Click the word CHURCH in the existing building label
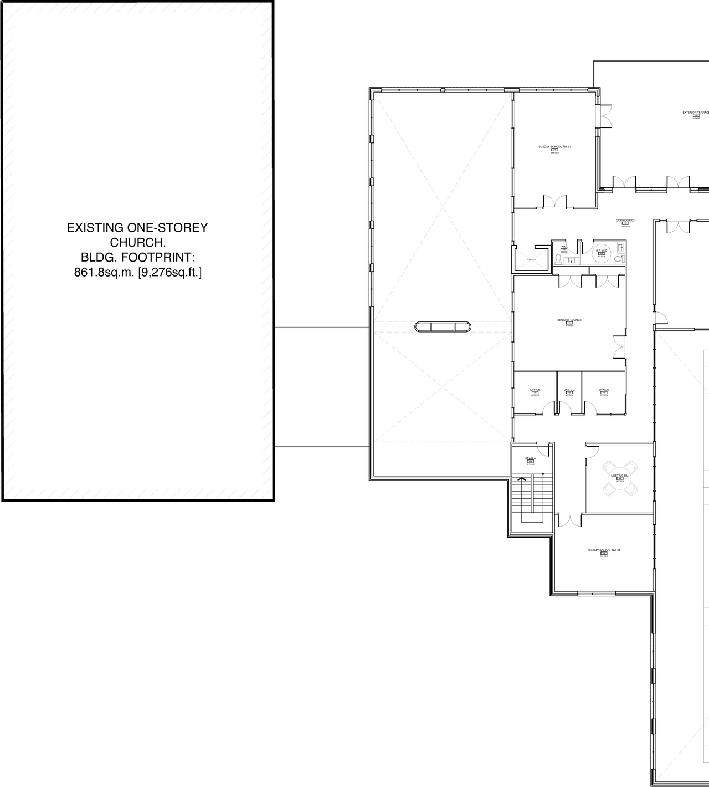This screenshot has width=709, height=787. pyautogui.click(x=138, y=242)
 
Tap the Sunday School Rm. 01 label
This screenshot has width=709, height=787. pyautogui.click(x=554, y=147)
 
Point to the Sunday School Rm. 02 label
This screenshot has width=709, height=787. pyautogui.click(x=604, y=550)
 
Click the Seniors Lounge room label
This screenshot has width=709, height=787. pyautogui.click(x=569, y=320)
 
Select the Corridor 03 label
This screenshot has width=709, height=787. pyautogui.click(x=625, y=221)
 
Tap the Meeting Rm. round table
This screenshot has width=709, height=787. pyautogui.click(x=620, y=477)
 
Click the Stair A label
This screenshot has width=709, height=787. pyautogui.click(x=530, y=459)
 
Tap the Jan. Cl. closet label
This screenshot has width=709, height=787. pyautogui.click(x=569, y=390)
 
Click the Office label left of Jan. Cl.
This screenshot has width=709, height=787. pyautogui.click(x=535, y=390)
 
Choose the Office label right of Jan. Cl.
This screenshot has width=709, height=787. pyautogui.click(x=604, y=390)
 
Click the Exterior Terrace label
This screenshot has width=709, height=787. pyautogui.click(x=696, y=113)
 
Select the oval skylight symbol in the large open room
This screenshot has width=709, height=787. pyautogui.click(x=443, y=326)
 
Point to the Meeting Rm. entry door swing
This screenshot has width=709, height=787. pyautogui.click(x=591, y=452)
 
